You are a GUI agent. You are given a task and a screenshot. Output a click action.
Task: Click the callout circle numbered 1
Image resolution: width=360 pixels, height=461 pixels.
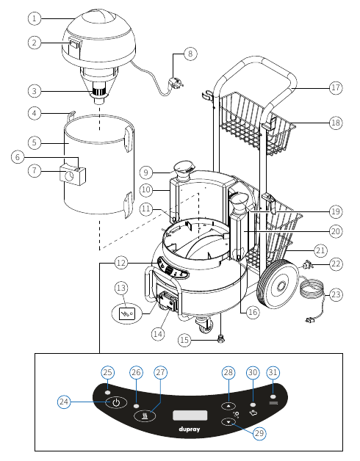[35, 17]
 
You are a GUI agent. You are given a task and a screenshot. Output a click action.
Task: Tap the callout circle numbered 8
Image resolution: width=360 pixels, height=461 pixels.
[190, 54]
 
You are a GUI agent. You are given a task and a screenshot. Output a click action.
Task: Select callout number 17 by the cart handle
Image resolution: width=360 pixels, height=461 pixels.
[335, 88]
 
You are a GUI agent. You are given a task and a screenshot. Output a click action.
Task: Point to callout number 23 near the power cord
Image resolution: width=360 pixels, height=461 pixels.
[336, 294]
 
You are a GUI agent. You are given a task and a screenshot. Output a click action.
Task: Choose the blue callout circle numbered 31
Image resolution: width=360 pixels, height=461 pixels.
[273, 373]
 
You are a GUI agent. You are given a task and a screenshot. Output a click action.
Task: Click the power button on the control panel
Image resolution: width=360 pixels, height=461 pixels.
[115, 403]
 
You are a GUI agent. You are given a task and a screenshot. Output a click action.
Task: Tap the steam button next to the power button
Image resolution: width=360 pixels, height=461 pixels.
[145, 415]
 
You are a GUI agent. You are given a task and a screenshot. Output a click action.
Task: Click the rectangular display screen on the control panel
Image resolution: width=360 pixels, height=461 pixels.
[187, 416]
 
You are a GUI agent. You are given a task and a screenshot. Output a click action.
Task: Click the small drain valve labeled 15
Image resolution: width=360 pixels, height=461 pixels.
[220, 341]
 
